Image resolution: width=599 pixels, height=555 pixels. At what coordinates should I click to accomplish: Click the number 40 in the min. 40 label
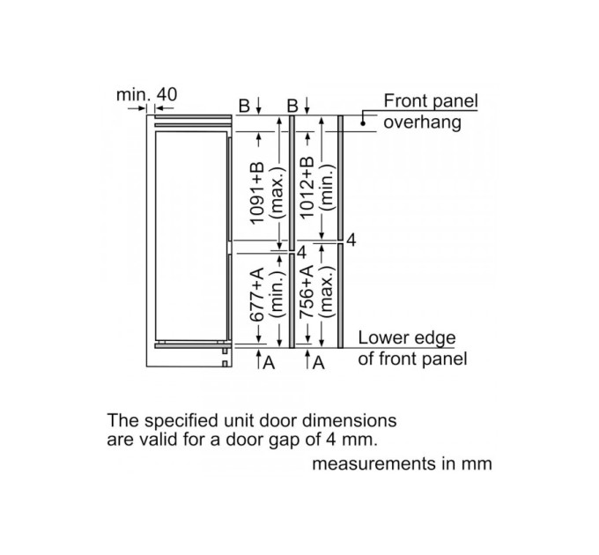click(167, 94)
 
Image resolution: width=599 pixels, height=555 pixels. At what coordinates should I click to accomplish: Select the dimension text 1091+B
click(256, 193)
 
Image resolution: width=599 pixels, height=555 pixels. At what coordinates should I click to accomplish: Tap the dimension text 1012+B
click(307, 188)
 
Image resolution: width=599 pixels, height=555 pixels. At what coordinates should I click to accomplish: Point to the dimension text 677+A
click(256, 295)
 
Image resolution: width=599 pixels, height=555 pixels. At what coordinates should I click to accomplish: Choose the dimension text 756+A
click(307, 292)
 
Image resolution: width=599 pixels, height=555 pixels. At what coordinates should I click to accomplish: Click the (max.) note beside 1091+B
click(277, 193)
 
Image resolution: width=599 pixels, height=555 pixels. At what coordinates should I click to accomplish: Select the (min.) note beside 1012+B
click(328, 187)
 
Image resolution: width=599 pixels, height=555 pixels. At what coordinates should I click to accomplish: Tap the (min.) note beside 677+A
click(277, 295)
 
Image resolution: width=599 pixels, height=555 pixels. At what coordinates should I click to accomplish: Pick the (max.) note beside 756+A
click(328, 291)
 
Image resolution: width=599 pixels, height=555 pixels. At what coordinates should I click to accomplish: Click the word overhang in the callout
click(423, 123)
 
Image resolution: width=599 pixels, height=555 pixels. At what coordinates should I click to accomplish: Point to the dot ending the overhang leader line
click(363, 123)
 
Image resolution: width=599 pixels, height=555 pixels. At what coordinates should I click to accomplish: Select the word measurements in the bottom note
click(374, 463)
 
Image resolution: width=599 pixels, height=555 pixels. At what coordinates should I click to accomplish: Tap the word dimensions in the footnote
click(350, 420)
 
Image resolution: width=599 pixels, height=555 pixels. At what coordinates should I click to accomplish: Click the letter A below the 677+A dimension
click(269, 363)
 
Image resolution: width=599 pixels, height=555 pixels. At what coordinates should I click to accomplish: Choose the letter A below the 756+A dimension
click(319, 363)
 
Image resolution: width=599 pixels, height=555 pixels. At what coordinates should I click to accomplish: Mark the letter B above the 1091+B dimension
click(244, 106)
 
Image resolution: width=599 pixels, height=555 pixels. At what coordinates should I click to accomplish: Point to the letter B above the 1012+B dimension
click(292, 106)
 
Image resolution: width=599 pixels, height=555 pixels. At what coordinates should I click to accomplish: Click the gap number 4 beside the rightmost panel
click(351, 240)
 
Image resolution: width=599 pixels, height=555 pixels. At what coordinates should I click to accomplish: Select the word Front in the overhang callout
click(406, 100)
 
